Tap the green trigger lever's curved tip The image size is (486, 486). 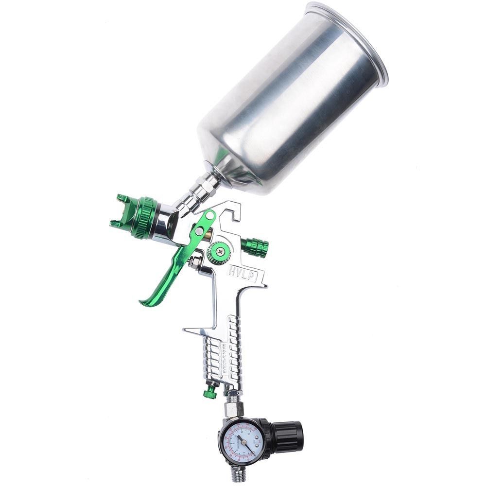pyautogui.click(x=144, y=302)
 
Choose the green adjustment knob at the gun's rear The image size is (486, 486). pyautogui.click(x=256, y=247)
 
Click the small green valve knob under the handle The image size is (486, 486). pyautogui.click(x=210, y=391)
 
